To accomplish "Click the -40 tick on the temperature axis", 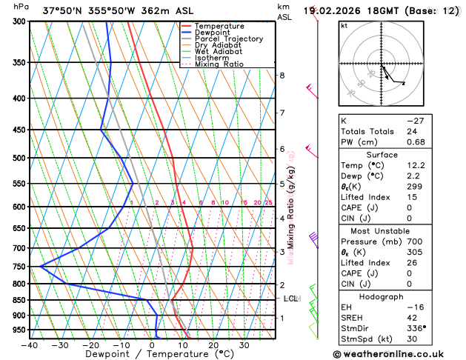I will tap(30, 344).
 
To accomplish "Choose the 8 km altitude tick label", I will tap(282, 76).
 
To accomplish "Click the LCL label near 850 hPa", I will tap(290, 299).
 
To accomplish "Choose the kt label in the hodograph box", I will tap(344, 25).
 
